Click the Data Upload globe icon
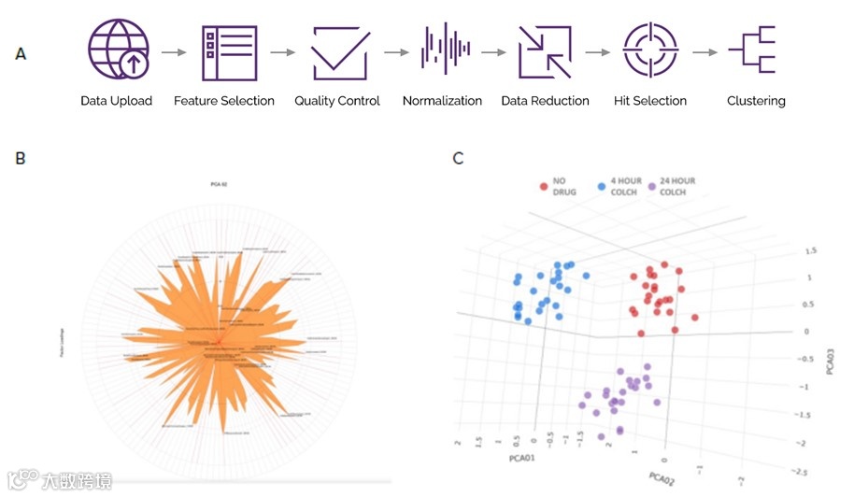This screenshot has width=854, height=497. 118,50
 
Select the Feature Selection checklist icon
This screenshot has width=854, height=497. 229,51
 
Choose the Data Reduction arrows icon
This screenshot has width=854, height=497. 545,51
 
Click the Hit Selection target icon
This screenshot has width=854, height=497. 649,51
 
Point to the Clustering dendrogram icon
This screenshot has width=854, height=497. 755,50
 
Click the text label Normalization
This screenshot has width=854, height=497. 442,101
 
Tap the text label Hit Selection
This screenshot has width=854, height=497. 650,101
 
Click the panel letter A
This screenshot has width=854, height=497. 21,54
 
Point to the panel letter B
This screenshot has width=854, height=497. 21,159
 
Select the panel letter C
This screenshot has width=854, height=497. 458,159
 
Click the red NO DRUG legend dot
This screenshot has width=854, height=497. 544,187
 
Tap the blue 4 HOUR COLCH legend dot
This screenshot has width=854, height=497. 602,187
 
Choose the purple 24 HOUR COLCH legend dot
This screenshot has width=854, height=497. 653,187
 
